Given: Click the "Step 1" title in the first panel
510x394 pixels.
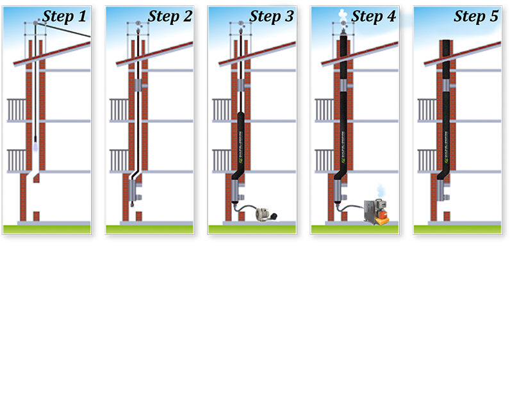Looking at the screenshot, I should pyautogui.click(x=64, y=16).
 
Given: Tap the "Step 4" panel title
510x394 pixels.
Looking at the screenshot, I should pyautogui.click(x=374, y=16).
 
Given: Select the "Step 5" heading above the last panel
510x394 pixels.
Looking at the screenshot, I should pyautogui.click(x=475, y=16).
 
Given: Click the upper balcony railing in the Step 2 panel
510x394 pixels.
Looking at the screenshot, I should pyautogui.click(x=119, y=109).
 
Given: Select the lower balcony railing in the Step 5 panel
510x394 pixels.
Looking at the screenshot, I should pyautogui.click(x=426, y=160).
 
